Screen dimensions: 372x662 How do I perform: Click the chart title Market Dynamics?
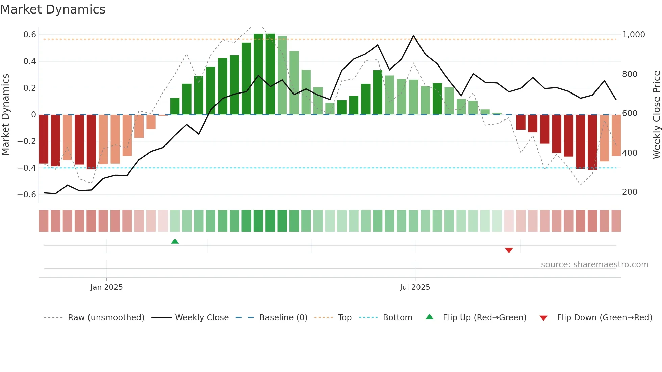click(x=53, y=9)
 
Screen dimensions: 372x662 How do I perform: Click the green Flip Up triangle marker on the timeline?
click(x=175, y=241)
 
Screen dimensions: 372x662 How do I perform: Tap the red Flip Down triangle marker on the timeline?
click(x=509, y=250)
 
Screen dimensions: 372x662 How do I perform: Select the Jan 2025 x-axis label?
click(x=106, y=287)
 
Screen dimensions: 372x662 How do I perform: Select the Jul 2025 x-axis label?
click(x=415, y=287)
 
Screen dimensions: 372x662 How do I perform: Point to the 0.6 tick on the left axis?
click(x=30, y=35)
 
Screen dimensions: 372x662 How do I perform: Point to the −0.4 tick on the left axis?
click(x=27, y=168)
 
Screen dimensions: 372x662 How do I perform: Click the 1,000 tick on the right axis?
click(x=633, y=35)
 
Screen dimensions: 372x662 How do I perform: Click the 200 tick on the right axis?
click(x=630, y=192)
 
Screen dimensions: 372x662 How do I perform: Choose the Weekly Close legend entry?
click(x=202, y=318)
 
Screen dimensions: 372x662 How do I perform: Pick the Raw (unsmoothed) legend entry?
click(x=106, y=318)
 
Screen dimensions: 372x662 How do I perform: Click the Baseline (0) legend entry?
click(x=283, y=318)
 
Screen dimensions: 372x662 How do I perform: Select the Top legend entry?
click(x=345, y=318)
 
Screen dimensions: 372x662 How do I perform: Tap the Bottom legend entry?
click(x=397, y=318)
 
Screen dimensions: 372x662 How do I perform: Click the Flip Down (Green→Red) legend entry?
click(x=604, y=318)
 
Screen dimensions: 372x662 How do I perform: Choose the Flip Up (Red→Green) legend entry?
click(x=484, y=318)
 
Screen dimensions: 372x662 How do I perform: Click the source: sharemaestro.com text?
click(x=594, y=265)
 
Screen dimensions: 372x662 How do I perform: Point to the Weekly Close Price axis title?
click(x=656, y=114)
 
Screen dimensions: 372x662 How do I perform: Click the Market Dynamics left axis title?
click(x=5, y=114)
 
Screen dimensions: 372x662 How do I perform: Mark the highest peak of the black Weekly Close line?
click(x=413, y=36)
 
